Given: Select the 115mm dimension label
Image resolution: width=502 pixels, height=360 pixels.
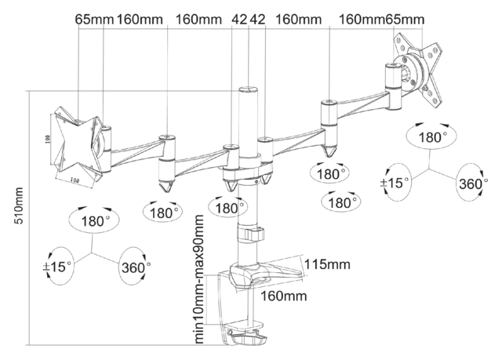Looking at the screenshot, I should [x=328, y=264].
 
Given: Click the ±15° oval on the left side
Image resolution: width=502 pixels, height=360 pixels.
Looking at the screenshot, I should [x=58, y=264].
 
